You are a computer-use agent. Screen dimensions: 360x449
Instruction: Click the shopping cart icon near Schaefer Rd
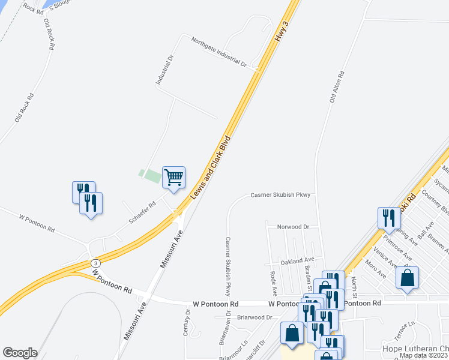tap(173, 178)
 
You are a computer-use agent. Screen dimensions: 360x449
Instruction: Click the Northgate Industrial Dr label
tap(219, 51)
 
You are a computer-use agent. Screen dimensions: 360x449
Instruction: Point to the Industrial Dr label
tap(164, 71)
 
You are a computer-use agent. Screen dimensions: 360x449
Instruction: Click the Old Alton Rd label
tap(336, 88)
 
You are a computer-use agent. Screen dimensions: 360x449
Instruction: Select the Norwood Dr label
tap(293, 227)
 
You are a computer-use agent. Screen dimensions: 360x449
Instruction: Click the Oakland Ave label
tap(297, 260)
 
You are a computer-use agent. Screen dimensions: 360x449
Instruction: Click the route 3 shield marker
tap(95, 263)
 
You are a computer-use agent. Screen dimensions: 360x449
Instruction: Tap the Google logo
tap(20, 352)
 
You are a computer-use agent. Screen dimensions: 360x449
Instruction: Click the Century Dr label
tap(187, 324)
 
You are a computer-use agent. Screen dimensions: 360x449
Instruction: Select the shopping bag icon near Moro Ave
tap(407, 278)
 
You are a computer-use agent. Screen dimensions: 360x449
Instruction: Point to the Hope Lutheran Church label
tap(415, 348)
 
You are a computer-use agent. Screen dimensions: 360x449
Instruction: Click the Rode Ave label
tap(274, 282)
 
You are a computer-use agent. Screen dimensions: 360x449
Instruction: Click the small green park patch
tap(150, 176)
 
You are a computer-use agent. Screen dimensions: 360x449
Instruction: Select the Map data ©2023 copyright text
tap(424, 355)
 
